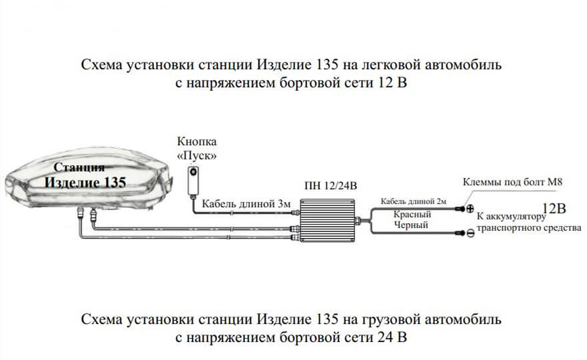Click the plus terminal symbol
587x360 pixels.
pyautogui.click(x=470, y=209)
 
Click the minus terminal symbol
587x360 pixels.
pyautogui.click(x=470, y=233)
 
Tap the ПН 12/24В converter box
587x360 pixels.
pyautogui.click(x=328, y=220)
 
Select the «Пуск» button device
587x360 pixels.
pyautogui.click(x=193, y=181)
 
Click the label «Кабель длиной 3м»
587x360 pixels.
pyautogui.click(x=246, y=204)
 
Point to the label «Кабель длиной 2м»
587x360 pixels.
pyautogui.click(x=413, y=201)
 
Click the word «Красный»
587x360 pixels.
pyautogui.click(x=412, y=215)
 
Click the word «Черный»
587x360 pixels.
pyautogui.click(x=411, y=225)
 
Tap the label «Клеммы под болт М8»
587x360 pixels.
pyautogui.click(x=512, y=183)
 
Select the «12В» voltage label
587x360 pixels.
pyautogui.click(x=554, y=208)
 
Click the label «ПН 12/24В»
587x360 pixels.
pyautogui.click(x=331, y=186)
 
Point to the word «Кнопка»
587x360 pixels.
pyautogui.click(x=197, y=142)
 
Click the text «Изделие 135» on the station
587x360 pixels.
pyautogui.click(x=85, y=183)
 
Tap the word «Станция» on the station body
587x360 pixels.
pyautogui.click(x=79, y=167)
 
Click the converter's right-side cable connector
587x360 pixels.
pyautogui.click(x=358, y=221)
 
